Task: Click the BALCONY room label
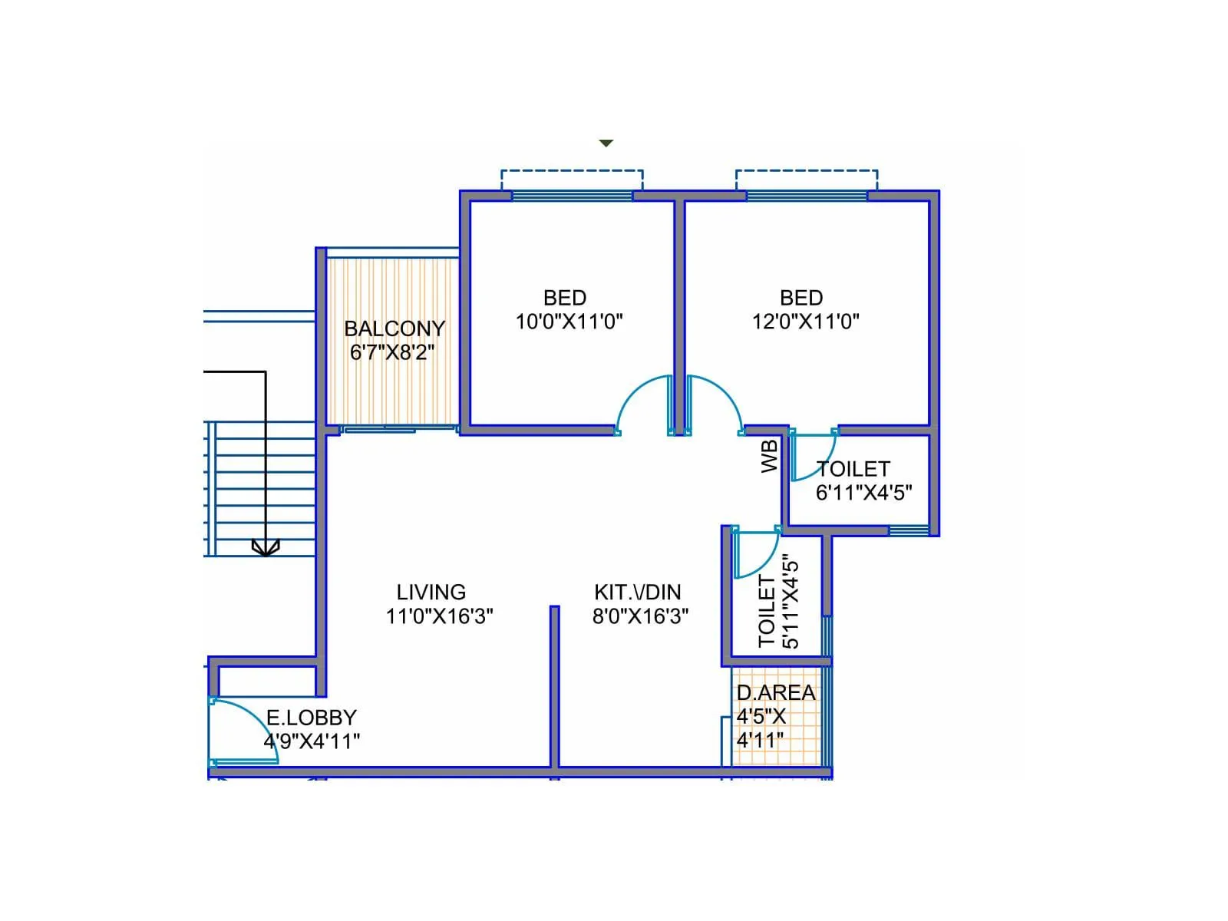(394, 328)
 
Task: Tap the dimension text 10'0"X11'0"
(569, 322)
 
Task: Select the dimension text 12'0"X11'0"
(805, 322)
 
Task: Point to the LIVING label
(431, 593)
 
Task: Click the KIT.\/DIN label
(637, 593)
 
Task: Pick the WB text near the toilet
(770, 456)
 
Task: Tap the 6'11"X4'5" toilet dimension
(863, 493)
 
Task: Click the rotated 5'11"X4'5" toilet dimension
(791, 602)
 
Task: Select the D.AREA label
(775, 692)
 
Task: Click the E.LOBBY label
(311, 718)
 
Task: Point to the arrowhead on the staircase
(266, 548)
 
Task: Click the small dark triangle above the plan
(606, 144)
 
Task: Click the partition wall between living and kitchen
(554, 683)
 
